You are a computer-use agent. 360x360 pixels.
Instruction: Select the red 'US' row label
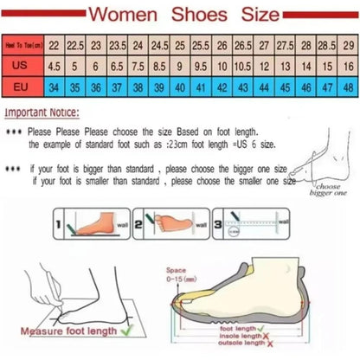click(23, 65)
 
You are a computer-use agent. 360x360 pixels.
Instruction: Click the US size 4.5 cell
click(55, 65)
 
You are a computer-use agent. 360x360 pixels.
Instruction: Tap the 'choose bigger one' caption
click(329, 190)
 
